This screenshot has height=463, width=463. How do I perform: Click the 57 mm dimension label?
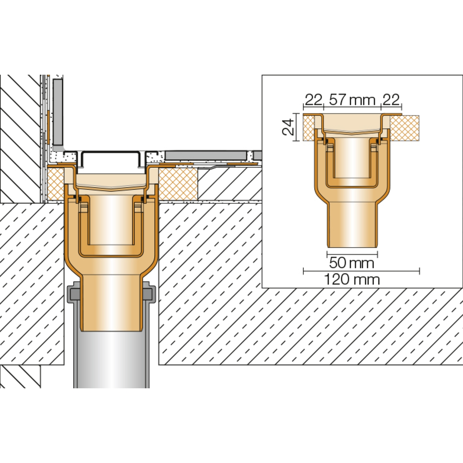[x=352, y=100]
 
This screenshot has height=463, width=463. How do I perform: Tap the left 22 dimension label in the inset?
[x=313, y=100]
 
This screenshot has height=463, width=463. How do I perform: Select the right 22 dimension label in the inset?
[x=391, y=100]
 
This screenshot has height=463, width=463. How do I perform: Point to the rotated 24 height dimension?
[x=288, y=127]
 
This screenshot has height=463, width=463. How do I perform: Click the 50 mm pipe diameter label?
[x=351, y=263]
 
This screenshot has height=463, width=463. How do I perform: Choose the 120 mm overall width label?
[x=351, y=280]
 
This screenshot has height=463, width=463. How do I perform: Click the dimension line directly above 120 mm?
[x=361, y=271]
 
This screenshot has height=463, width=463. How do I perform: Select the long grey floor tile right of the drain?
[x=206, y=155]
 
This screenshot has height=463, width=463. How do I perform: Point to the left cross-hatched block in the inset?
[x=309, y=128]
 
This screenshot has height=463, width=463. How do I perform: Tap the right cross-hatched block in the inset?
[x=404, y=128]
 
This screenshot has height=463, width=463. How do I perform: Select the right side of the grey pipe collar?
[x=149, y=293]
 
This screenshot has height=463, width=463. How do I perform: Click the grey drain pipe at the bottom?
[x=112, y=361]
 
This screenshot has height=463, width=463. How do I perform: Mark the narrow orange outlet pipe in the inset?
[x=352, y=224]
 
